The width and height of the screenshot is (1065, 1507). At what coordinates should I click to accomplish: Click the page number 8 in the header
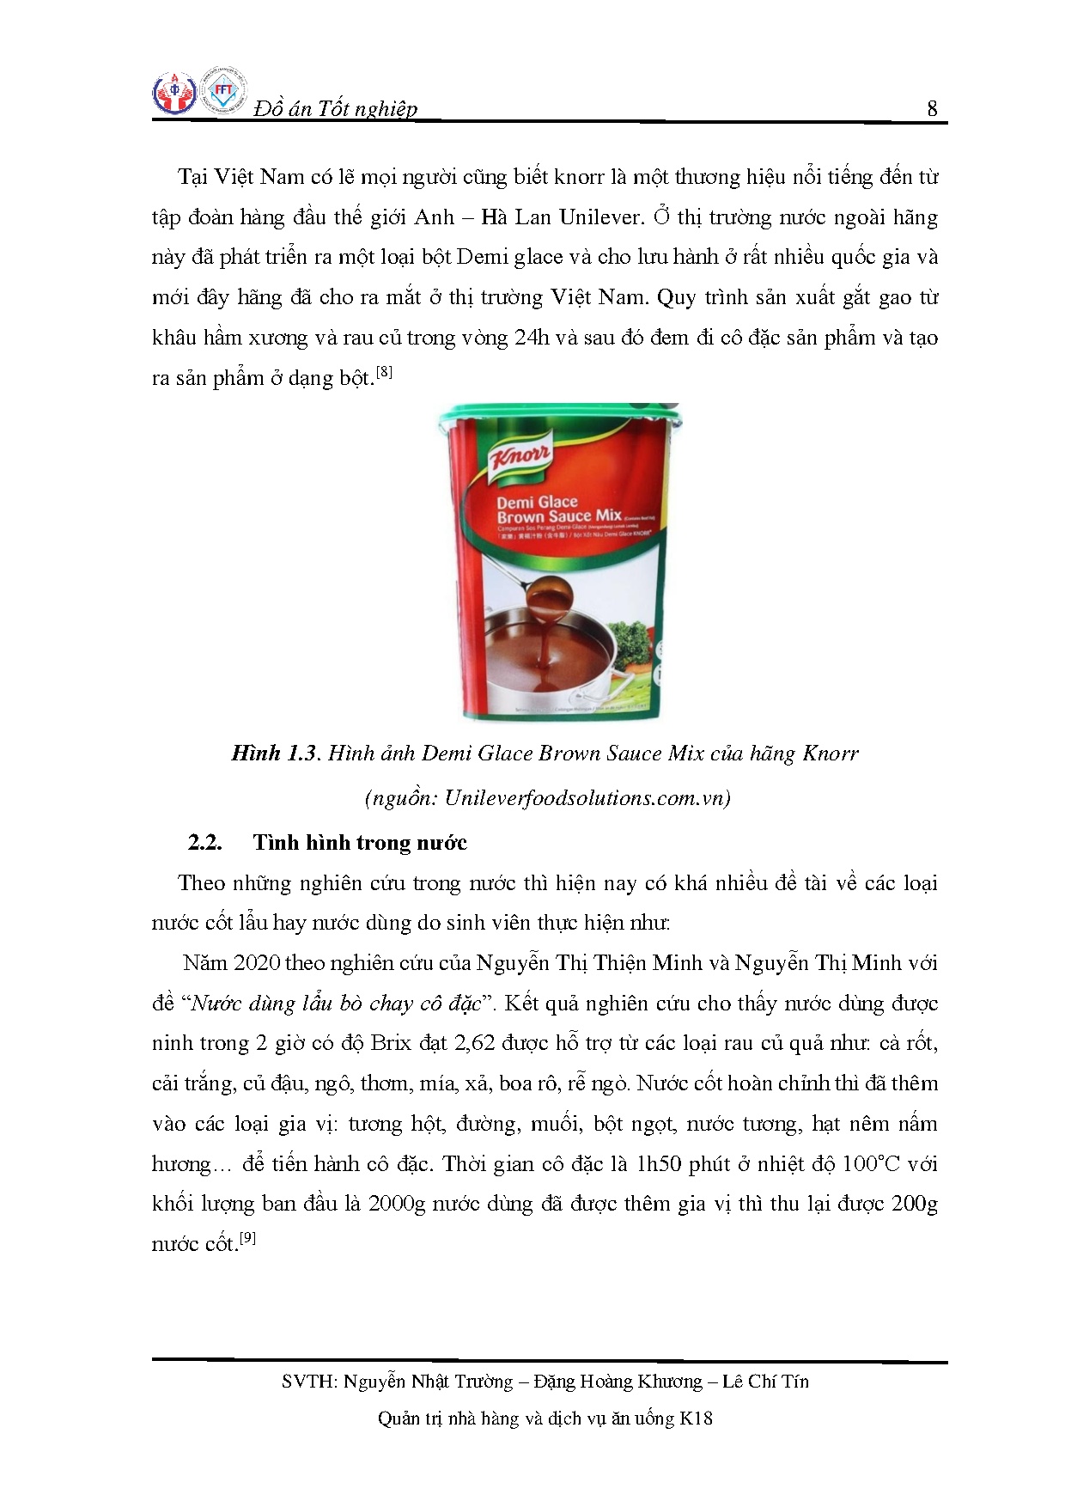pos(932,109)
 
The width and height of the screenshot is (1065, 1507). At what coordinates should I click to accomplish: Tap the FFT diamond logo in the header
pos(223,91)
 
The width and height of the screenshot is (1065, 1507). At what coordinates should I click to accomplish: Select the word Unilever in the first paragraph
pos(601,217)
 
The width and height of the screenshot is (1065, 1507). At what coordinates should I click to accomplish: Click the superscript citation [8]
pos(384,372)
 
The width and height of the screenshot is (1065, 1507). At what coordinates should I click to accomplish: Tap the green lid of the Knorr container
pos(558,419)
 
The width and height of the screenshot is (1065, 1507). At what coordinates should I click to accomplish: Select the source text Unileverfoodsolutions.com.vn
pos(587,798)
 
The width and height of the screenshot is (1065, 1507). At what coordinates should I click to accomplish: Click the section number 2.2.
pos(205,843)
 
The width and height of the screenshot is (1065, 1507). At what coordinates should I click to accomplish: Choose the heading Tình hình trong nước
pos(360,843)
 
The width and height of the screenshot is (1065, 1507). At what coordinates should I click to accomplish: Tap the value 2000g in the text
pos(397,1204)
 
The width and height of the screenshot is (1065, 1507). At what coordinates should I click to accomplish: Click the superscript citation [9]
pos(247,1238)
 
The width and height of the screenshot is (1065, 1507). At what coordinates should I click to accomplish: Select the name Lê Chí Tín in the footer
pos(765,1382)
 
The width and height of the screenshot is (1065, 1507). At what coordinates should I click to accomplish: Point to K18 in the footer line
pos(696,1419)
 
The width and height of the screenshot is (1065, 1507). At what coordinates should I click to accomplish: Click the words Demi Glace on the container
pos(537,502)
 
